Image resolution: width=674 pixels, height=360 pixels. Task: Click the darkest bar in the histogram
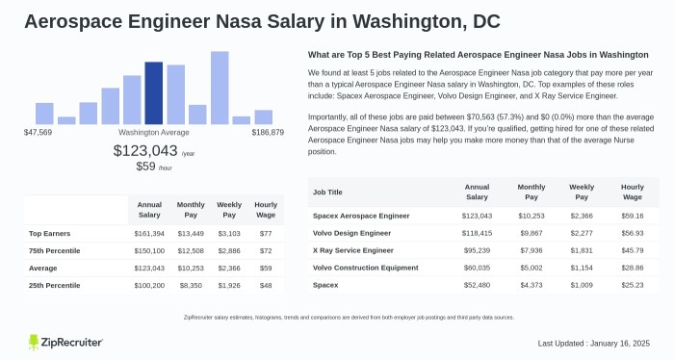click(153, 93)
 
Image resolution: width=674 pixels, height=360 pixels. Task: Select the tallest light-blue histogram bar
click(220, 88)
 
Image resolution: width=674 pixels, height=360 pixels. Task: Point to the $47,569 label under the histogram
click(38, 132)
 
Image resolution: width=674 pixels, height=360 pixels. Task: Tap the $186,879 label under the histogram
click(267, 132)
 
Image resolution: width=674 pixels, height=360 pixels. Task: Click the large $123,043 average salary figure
click(145, 150)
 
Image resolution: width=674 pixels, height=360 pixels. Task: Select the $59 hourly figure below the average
click(146, 167)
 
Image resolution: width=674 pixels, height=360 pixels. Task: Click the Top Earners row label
click(48, 233)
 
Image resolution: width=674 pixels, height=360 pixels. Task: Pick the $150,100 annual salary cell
click(147, 249)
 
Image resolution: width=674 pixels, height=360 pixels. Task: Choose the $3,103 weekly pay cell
click(228, 233)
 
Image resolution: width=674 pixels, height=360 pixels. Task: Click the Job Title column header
click(329, 192)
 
